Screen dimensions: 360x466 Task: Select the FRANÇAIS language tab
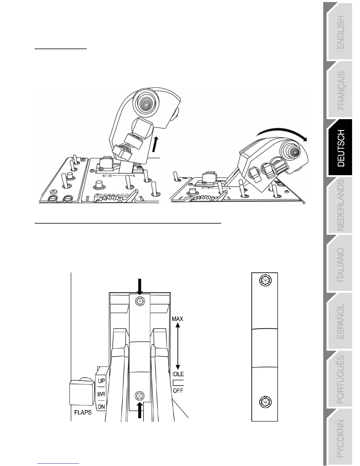(341, 90)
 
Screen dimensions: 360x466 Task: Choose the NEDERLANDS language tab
(341, 206)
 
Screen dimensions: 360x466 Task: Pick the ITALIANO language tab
(341, 265)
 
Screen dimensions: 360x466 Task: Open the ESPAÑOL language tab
(341, 322)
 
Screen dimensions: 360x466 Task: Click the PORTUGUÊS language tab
(341, 380)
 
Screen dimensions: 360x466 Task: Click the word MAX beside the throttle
(177, 319)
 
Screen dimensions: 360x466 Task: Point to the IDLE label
(178, 374)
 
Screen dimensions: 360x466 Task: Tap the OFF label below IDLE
(178, 391)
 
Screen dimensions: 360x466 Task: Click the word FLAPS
(83, 412)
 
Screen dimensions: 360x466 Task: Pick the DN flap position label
(101, 407)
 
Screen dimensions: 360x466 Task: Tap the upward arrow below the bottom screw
(140, 410)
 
